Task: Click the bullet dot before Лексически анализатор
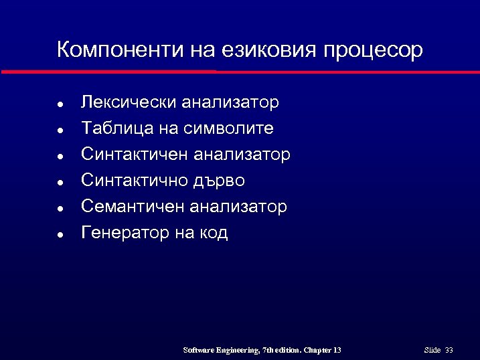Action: (60, 104)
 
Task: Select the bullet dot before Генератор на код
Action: (60, 235)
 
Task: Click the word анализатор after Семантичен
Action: (238, 207)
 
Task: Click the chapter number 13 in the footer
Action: (336, 350)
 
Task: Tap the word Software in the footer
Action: (199, 350)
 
